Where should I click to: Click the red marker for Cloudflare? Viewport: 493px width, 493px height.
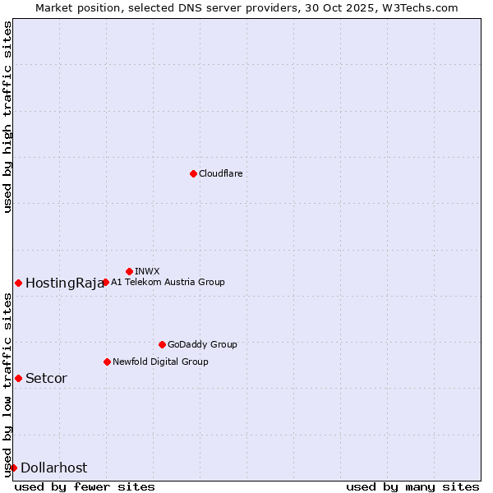point(193,173)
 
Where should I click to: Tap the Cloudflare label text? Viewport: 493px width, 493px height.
point(220,173)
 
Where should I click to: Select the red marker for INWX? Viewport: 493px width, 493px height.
point(129,271)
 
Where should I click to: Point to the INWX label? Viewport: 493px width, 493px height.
point(147,271)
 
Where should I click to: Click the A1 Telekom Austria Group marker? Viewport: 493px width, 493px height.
point(105,282)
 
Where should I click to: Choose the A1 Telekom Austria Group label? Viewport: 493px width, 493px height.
point(168,282)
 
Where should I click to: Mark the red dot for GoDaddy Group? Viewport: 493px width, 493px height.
point(162,344)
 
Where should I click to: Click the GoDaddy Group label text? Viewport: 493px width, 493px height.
point(202,344)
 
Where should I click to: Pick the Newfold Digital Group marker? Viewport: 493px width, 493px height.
point(107,362)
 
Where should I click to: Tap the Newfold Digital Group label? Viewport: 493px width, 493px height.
point(160,362)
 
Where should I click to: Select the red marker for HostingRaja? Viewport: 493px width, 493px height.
point(18,283)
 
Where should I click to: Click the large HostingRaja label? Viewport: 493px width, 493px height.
point(65,283)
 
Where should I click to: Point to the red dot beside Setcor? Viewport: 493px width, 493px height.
point(18,378)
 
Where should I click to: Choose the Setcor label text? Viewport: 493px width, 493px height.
point(46,379)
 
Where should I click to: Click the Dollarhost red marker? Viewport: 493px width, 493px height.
point(13,468)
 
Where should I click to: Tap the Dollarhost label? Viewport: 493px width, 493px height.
point(53,468)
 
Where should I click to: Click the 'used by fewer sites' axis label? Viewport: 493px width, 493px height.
point(85,486)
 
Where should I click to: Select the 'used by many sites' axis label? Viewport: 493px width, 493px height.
point(412,486)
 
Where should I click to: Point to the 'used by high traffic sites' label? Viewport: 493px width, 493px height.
point(7,117)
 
